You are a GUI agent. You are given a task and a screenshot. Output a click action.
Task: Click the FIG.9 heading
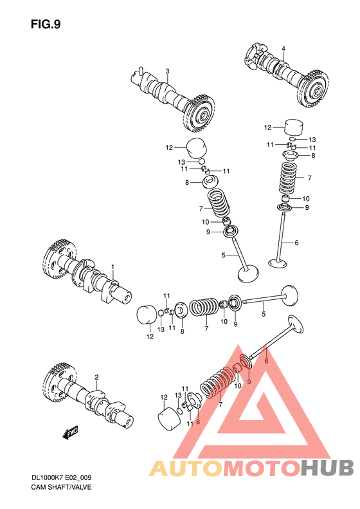click(x=46, y=24)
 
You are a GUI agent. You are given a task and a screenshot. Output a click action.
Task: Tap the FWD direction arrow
click(x=70, y=432)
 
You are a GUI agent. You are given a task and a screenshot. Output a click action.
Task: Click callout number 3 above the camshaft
click(x=167, y=71)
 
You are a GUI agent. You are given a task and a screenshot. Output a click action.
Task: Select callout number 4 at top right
click(x=283, y=49)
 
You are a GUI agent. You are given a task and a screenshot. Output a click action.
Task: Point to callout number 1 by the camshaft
click(x=113, y=266)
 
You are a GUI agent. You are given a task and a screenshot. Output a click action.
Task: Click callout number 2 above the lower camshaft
click(x=96, y=377)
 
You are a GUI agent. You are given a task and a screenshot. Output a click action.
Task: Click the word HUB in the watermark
click(x=327, y=468)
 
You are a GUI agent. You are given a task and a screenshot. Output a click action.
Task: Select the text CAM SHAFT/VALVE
click(x=61, y=487)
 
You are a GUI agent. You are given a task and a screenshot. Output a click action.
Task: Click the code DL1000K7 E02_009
click(x=61, y=478)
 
